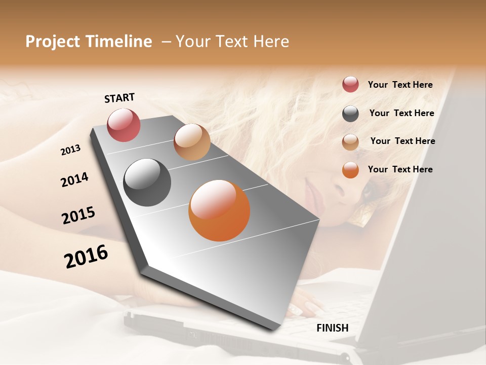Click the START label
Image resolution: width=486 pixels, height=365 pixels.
119,98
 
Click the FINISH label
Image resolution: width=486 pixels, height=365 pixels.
332,328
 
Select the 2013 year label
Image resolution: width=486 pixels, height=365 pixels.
70,150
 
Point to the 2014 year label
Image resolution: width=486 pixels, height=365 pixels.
74,180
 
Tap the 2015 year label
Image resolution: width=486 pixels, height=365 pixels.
78,215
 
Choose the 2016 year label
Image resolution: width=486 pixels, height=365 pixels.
86,257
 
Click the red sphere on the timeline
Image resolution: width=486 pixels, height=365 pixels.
124,125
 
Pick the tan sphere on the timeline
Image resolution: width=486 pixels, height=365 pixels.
192,142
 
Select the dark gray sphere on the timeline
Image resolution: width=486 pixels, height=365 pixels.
147,182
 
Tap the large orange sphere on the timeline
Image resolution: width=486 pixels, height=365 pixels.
219,210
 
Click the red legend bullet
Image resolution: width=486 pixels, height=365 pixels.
350,85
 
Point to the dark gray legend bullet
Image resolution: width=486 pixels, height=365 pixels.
350,114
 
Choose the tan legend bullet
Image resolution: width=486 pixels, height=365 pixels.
350,142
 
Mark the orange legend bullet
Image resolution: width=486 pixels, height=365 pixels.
350,170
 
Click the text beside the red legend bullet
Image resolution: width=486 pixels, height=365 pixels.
400,85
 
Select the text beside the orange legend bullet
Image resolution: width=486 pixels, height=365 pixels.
400,169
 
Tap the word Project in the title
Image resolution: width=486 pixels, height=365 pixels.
53,42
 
